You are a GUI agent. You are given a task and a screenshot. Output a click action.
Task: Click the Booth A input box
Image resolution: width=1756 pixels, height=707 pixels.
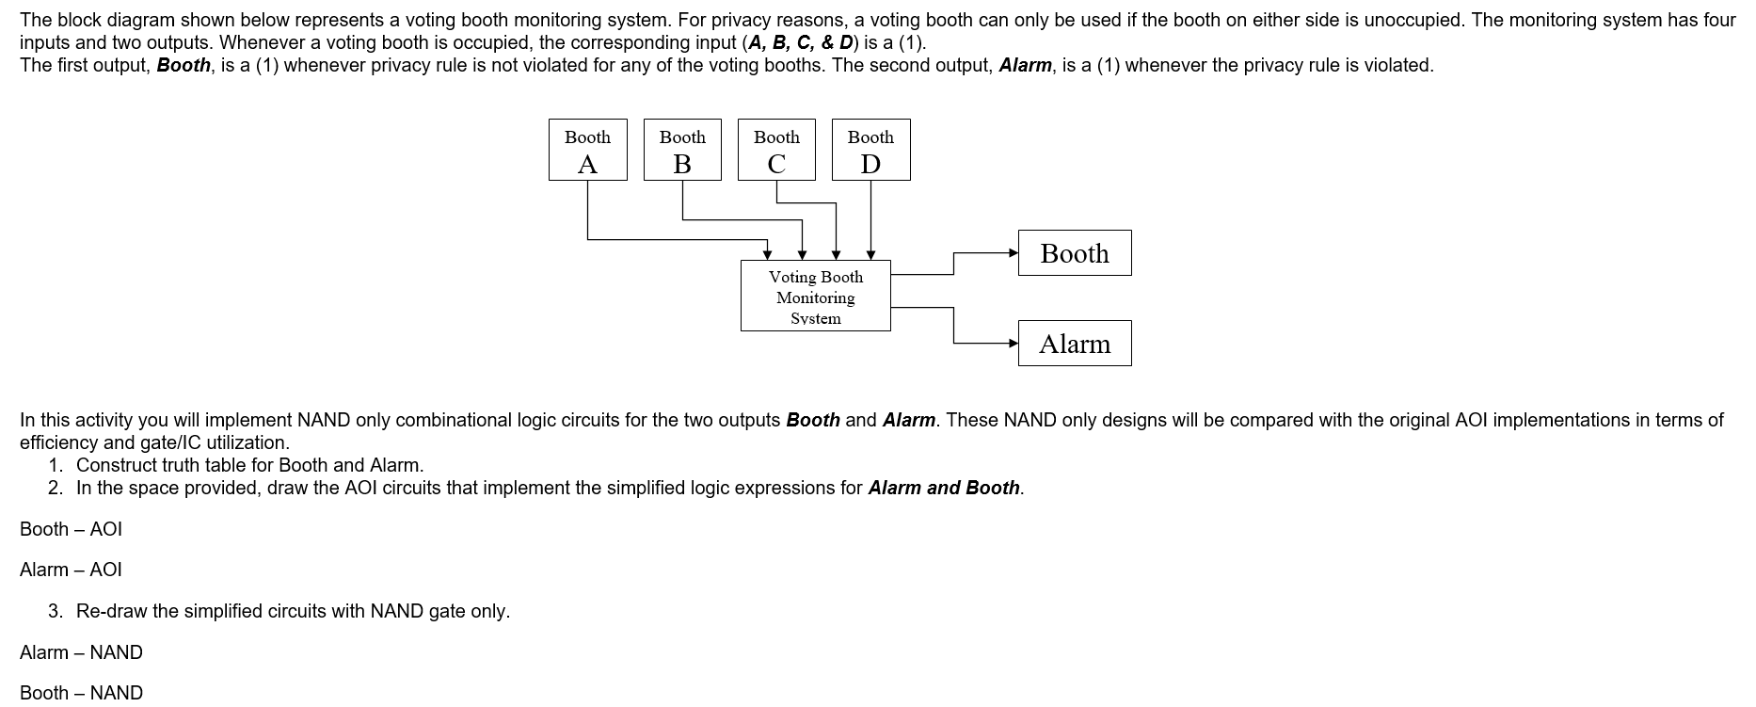(587, 150)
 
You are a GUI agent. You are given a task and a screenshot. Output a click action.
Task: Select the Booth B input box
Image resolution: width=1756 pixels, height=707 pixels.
(682, 150)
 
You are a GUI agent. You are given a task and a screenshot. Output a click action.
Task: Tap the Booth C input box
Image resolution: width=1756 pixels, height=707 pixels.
(776, 150)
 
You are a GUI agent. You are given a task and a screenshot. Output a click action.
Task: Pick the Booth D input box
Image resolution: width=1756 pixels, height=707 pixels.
(870, 150)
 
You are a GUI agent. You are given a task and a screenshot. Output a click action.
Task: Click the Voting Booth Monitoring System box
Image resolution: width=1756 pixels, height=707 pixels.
(815, 297)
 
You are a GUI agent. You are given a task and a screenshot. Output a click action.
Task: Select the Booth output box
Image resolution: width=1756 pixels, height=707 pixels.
(1074, 253)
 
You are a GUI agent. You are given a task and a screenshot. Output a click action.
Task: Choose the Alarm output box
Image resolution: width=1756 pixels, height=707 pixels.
(1074, 344)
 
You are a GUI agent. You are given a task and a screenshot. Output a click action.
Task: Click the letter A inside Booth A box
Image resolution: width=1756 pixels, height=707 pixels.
(587, 165)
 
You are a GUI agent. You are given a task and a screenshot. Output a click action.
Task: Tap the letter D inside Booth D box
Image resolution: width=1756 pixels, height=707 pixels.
(870, 165)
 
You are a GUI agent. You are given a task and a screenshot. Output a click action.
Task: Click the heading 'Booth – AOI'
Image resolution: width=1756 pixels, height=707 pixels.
(71, 529)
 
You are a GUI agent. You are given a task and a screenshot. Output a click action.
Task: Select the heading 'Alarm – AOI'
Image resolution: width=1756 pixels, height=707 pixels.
(71, 570)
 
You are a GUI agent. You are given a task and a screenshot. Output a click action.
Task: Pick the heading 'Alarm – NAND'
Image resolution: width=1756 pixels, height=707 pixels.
(81, 652)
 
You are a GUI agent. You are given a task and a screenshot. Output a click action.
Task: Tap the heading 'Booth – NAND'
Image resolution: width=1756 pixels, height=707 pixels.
(81, 693)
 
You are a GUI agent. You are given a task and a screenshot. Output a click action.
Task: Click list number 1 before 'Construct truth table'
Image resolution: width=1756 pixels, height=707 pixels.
(56, 465)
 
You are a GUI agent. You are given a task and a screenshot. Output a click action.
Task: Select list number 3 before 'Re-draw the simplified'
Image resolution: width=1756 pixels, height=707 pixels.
(56, 611)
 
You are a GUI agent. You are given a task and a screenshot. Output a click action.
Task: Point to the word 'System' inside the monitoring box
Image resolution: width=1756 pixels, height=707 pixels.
(815, 319)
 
